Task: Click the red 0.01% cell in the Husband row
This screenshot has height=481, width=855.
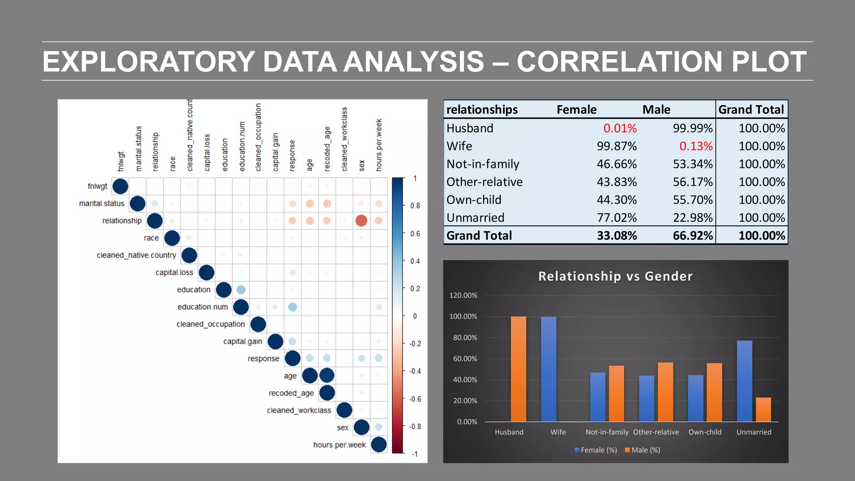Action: (x=620, y=128)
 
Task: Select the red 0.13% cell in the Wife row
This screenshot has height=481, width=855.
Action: (x=696, y=146)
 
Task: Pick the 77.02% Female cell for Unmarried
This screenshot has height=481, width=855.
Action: (x=616, y=218)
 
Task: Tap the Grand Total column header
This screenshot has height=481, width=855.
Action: (x=751, y=109)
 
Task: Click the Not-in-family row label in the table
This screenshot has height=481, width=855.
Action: (x=483, y=164)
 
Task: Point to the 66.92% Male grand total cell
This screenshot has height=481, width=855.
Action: (x=693, y=236)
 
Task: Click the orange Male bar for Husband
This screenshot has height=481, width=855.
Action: (x=519, y=369)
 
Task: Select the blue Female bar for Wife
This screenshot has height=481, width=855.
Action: (x=549, y=369)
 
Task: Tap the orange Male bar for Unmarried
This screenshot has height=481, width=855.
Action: (x=763, y=410)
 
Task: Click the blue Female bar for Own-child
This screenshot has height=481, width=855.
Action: (x=696, y=398)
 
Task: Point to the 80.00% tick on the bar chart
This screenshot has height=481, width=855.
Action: (x=465, y=337)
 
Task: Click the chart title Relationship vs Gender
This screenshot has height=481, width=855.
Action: (x=615, y=276)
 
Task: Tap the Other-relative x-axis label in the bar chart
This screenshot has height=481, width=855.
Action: (x=656, y=432)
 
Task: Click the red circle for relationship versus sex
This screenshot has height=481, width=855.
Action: (x=361, y=220)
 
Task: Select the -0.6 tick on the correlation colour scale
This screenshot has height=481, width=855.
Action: (x=415, y=399)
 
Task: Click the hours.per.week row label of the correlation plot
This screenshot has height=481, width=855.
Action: (x=339, y=445)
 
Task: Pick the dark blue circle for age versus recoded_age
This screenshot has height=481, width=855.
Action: (x=327, y=375)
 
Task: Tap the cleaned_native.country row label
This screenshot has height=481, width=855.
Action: (x=136, y=255)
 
